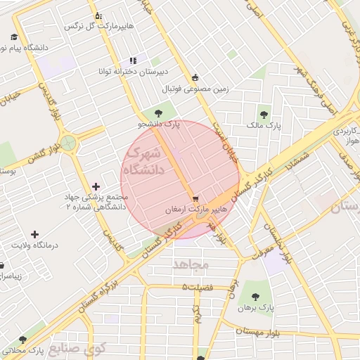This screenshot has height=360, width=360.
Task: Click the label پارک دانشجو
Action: (x=159, y=124)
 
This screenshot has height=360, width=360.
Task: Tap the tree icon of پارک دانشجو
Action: (x=159, y=112)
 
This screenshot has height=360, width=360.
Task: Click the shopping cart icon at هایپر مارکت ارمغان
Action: (x=195, y=199)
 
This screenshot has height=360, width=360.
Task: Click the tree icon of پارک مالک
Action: (x=264, y=114)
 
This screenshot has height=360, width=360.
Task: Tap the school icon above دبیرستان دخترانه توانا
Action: (x=133, y=60)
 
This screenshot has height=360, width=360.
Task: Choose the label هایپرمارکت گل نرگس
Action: (x=98, y=26)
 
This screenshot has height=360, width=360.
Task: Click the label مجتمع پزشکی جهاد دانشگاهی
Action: (x=96, y=202)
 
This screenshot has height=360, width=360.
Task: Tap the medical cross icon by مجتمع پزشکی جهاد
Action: (x=96, y=186)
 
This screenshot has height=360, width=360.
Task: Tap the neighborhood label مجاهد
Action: (x=191, y=263)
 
